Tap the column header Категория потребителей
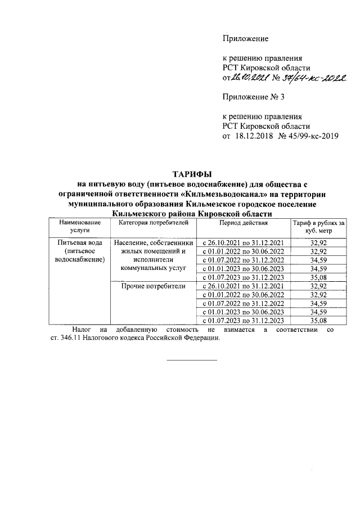coord(154,223)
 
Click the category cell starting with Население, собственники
coord(154,255)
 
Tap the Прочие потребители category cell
coord(154,286)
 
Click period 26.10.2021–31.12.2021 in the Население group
coord(244,242)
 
